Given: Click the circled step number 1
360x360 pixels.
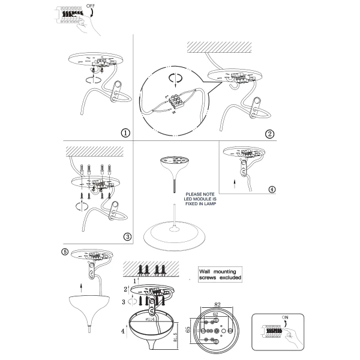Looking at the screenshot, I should coord(125,133).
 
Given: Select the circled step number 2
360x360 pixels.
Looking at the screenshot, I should coord(270,133).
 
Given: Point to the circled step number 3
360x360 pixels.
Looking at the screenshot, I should coord(127,236).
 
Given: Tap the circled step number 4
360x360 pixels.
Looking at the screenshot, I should coord(272,189).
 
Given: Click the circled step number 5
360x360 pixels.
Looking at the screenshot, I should coord(65,252).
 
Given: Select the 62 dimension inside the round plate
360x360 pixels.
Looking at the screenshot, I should coord(214,313).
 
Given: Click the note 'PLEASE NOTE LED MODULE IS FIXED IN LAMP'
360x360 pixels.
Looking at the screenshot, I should coord(200,199).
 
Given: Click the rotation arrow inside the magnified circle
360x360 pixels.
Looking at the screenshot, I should coord(174,77).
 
